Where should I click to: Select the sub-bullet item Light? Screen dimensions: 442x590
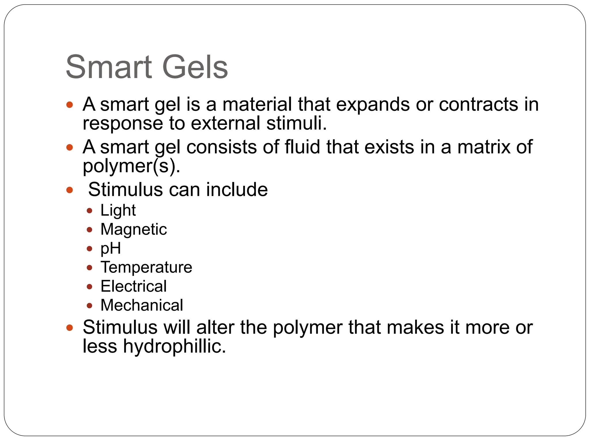click(x=118, y=210)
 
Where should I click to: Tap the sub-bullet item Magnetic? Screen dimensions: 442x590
click(x=134, y=229)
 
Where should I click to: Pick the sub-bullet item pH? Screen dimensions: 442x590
click(x=111, y=248)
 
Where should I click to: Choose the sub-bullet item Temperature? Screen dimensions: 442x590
click(x=146, y=267)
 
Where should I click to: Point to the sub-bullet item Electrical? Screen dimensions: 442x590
click(x=134, y=286)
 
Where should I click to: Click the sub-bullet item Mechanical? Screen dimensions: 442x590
click(x=142, y=305)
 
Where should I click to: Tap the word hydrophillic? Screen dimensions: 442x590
click(x=175, y=346)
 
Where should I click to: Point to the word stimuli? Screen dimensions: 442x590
click(x=296, y=123)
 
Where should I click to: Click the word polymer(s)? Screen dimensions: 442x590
click(x=131, y=166)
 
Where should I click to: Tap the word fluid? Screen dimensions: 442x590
click(x=302, y=147)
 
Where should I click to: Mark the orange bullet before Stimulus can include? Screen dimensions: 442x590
click(x=69, y=190)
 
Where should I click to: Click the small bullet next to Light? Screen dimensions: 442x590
click(x=89, y=211)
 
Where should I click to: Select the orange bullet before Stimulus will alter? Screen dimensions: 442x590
click(x=69, y=327)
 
